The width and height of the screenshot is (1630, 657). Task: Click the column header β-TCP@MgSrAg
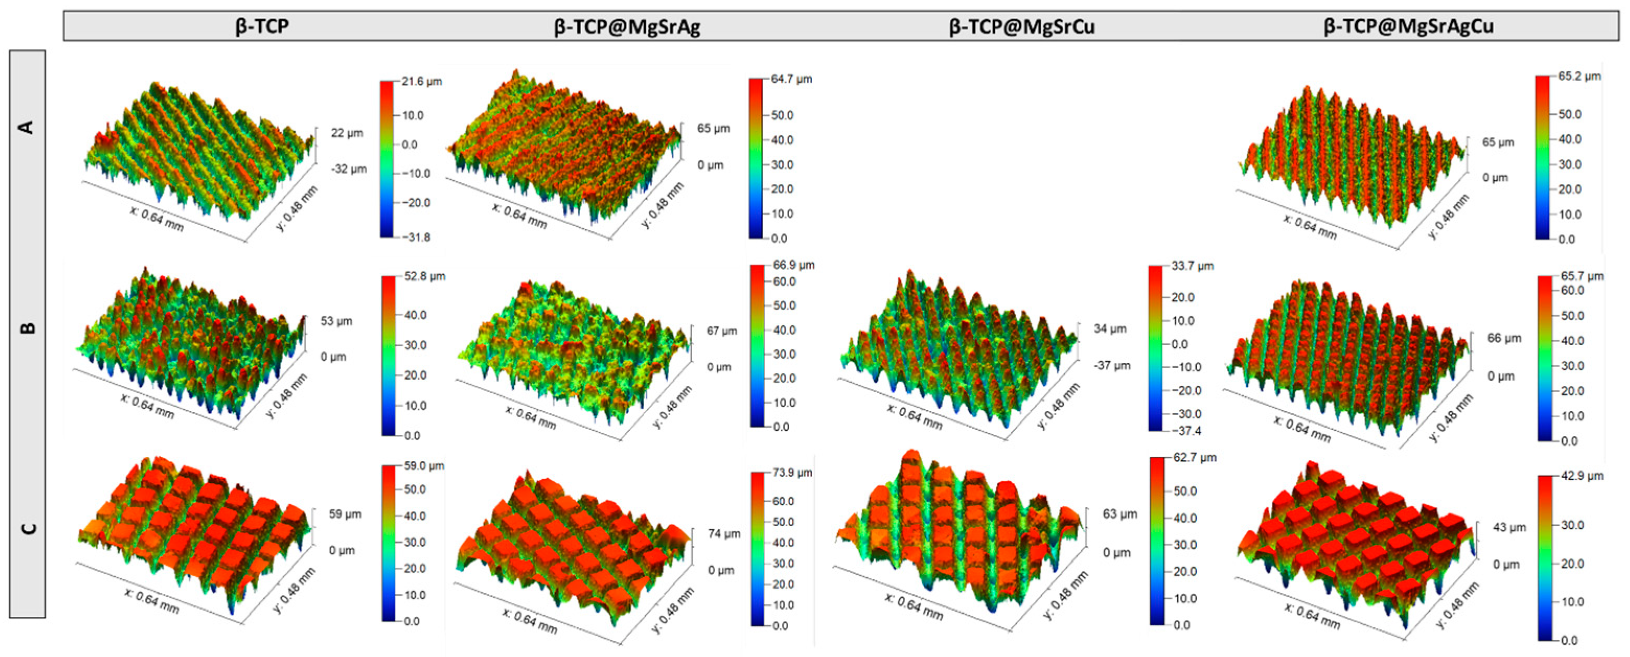[627, 27]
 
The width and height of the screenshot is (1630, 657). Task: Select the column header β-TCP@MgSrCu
[1021, 27]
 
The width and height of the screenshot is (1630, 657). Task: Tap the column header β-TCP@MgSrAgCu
[1408, 27]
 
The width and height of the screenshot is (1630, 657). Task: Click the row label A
[27, 127]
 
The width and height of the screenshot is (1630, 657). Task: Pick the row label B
[27, 328]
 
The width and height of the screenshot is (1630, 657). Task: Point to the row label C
[27, 529]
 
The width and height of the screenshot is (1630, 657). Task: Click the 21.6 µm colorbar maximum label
[421, 81]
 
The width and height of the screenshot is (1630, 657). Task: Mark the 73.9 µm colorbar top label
[792, 472]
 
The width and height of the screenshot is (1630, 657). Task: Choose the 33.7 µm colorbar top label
[1192, 266]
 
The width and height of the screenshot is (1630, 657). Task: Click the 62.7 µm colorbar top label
[1195, 457]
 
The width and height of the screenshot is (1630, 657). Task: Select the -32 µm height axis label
[349, 169]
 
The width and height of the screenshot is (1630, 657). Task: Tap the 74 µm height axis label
[724, 534]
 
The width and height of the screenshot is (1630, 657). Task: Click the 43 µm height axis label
[1509, 527]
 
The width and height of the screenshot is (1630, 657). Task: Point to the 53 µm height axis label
[336, 321]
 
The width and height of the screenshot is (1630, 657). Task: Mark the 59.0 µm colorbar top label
[424, 465]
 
